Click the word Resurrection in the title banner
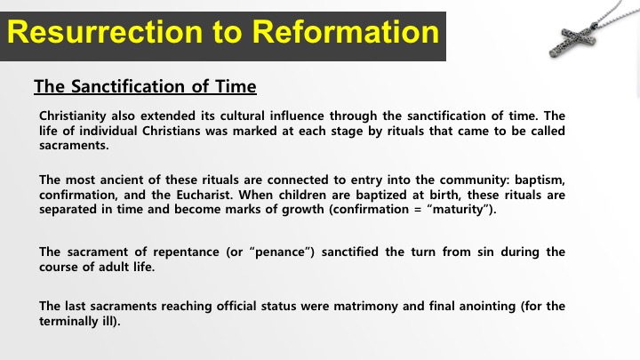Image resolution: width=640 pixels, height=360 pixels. click(105, 32)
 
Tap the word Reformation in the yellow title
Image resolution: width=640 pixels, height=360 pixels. click(345, 32)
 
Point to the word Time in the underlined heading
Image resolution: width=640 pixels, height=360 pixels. click(236, 86)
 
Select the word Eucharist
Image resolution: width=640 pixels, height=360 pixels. click(204, 195)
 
